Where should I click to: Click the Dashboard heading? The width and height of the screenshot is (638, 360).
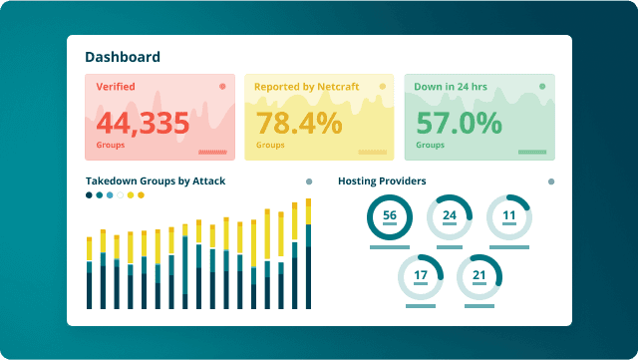pos(123,58)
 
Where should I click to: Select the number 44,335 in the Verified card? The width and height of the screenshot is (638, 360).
pos(143,124)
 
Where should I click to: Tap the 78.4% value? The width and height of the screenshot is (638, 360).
pos(299,124)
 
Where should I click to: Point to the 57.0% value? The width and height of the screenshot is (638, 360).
pos(459,124)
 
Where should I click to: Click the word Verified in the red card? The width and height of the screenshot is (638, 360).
pos(116,87)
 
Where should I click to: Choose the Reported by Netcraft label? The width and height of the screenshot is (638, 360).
pos(306,87)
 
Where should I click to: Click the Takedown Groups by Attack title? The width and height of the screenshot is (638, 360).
pos(156,181)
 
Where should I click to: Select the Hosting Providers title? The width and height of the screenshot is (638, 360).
pos(382,181)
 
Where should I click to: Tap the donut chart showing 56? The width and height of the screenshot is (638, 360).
pos(390,216)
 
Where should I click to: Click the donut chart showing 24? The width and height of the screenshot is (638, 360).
pos(450,216)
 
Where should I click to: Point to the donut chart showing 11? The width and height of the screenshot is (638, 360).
pos(509,216)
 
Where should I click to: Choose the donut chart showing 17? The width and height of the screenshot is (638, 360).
pos(420,276)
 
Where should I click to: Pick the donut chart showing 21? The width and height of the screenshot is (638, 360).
pos(479,276)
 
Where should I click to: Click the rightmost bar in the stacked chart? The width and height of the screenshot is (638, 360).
pos(308,254)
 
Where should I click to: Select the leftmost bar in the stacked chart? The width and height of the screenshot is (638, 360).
pos(90,272)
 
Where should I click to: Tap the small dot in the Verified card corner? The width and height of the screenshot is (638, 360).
pos(222,87)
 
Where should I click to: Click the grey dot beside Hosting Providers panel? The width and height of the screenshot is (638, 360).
pos(551,182)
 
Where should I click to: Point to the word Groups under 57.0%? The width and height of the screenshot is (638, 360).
pos(430,146)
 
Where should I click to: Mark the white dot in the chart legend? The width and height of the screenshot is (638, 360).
pos(121,195)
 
